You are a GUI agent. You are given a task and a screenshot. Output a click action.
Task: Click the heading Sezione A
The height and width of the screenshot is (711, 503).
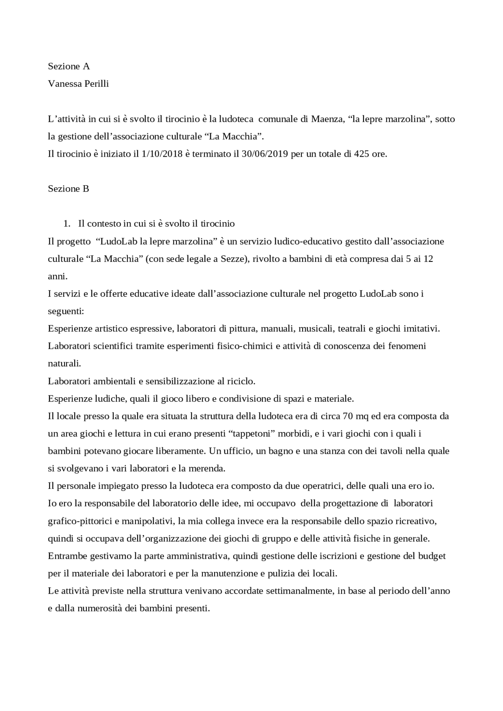click(x=69, y=66)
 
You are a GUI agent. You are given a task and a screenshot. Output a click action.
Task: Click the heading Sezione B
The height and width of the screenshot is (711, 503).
click(x=68, y=189)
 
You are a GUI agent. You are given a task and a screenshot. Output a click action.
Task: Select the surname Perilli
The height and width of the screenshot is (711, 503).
click(x=95, y=84)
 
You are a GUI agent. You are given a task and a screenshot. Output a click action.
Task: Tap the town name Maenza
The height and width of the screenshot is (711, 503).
click(x=327, y=119)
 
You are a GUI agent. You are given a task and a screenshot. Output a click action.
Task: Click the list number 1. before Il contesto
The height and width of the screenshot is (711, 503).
click(x=67, y=224)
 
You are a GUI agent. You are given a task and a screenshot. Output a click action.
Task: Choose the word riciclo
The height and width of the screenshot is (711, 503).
click(x=241, y=381)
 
